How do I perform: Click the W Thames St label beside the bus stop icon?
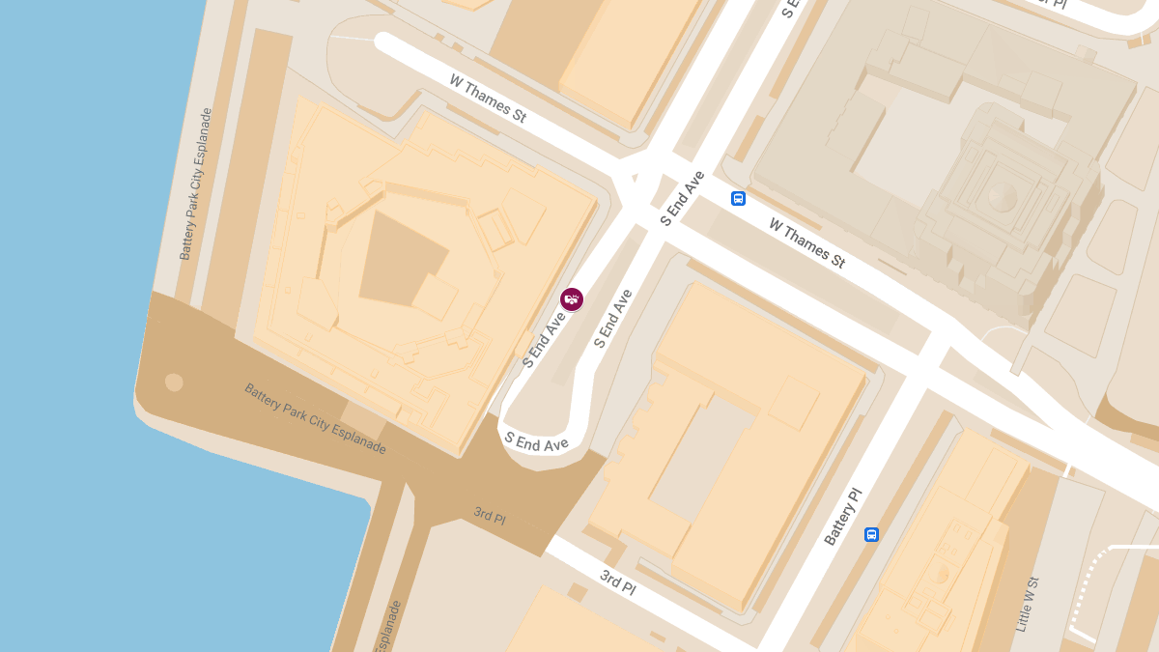point(806,242)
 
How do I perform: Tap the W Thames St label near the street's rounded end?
point(488,98)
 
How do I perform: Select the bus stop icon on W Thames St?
point(739,199)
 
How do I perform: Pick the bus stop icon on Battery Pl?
point(871,534)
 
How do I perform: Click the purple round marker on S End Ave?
point(572,299)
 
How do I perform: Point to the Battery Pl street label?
point(842,517)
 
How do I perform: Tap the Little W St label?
point(1027,605)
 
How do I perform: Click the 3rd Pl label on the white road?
point(617,581)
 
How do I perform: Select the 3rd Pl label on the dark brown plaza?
point(490,516)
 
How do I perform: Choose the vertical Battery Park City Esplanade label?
point(195,184)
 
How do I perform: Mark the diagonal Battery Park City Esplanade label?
point(315,419)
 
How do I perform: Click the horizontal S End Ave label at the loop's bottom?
point(536,440)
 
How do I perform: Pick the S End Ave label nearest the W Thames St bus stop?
point(682,198)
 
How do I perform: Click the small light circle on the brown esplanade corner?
point(174,382)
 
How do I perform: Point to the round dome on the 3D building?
point(1002,197)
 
